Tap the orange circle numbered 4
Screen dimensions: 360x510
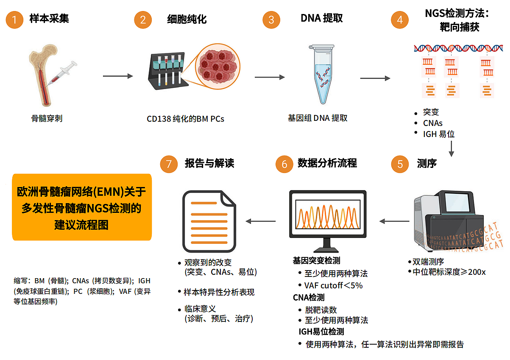[x=400, y=20]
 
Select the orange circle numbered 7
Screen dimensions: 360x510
[x=169, y=164]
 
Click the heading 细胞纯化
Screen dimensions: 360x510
[x=187, y=19]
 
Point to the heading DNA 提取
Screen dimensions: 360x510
[x=321, y=19]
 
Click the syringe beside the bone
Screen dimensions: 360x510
[x=64, y=73]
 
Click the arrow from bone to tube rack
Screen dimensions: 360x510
[x=118, y=76]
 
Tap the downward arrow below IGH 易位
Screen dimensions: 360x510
[x=451, y=148]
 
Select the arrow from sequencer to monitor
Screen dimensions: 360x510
[x=394, y=221]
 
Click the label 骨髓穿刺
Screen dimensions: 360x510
[x=47, y=118]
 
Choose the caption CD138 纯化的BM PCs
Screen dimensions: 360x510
[x=185, y=119]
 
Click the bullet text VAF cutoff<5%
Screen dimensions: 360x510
[x=333, y=285]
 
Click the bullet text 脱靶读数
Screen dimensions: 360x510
[x=320, y=310]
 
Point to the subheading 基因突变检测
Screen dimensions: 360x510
[x=316, y=260]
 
